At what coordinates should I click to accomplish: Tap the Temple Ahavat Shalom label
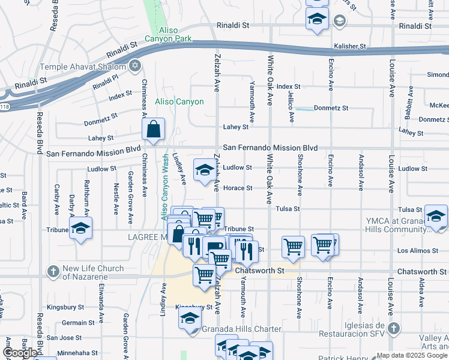tap(83, 67)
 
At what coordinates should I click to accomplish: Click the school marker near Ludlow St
tap(204, 170)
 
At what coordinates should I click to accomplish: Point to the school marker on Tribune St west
tap(80, 229)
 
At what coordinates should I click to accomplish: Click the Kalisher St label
tap(350, 46)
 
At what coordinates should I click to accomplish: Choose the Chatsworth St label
tap(259, 271)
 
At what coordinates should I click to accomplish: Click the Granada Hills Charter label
tap(242, 329)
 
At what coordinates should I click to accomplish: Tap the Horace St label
tap(237, 188)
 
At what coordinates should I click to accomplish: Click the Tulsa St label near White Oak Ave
tap(288, 209)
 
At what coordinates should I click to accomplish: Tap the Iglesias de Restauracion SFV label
tap(351, 329)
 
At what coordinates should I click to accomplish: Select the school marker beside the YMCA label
tap(436, 217)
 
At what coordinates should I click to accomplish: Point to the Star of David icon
tap(134, 65)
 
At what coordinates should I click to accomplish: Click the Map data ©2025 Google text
tap(412, 355)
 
